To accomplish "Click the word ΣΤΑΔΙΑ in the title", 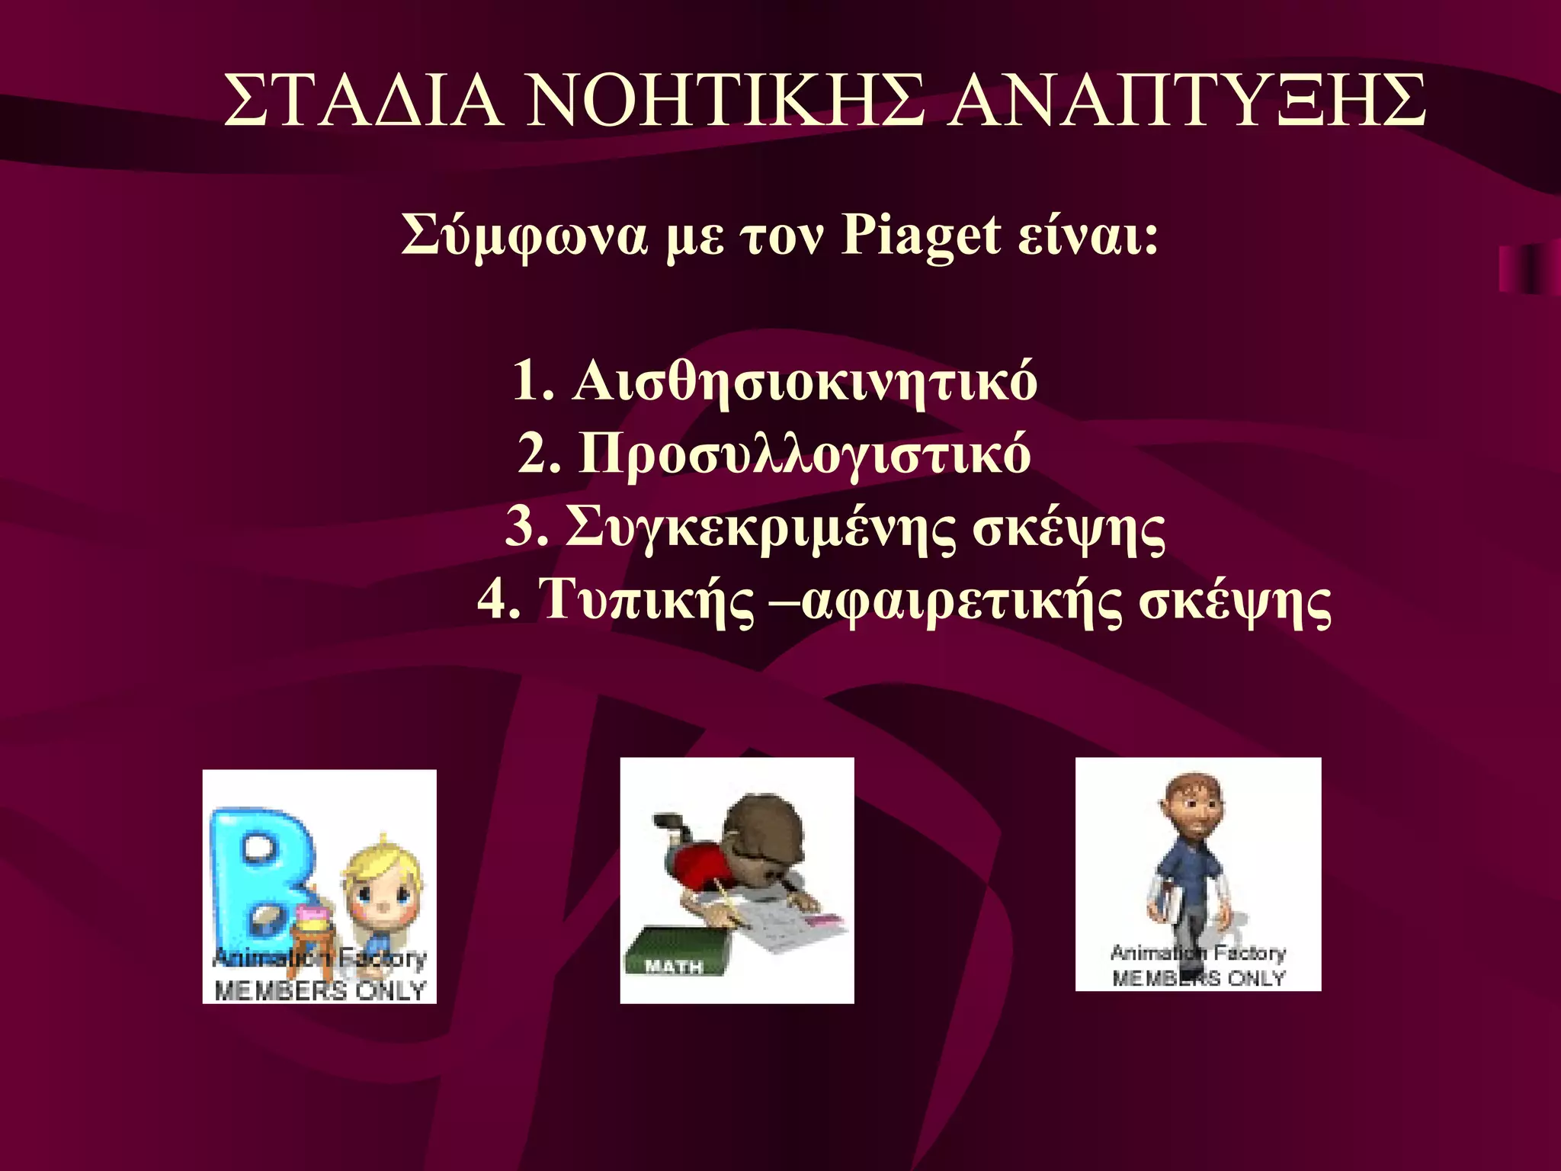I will [x=363, y=101].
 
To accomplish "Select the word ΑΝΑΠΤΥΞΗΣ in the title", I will [x=1187, y=101].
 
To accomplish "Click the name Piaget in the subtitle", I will [x=920, y=236].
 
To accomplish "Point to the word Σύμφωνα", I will [x=524, y=237].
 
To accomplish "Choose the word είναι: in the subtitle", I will [x=1088, y=236].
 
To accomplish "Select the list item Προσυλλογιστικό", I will [x=805, y=455].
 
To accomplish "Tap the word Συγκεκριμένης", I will [x=760, y=528].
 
